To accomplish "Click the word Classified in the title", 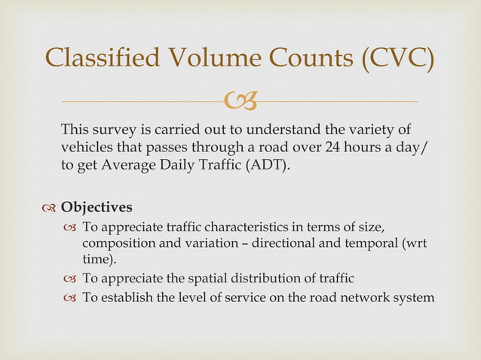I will point(103,59).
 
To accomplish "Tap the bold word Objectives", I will point(97,206).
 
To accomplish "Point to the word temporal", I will point(372,243).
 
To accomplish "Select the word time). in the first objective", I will point(99,259).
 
